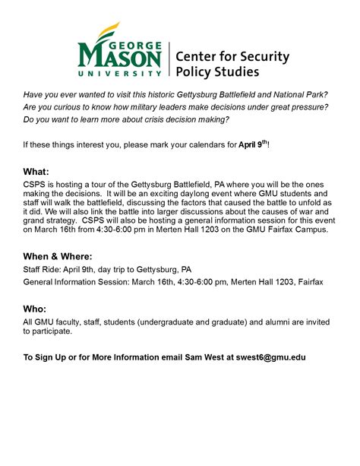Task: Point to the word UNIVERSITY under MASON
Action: pos(119,74)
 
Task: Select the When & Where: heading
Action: pos(58,257)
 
